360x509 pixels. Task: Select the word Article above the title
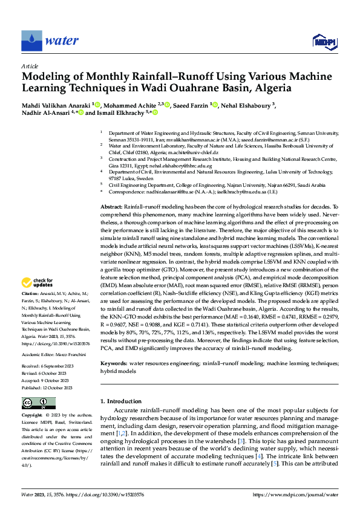pos(30,65)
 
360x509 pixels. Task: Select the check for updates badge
pos(38,282)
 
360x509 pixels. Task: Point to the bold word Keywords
pos(113,363)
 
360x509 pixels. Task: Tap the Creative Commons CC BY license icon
pos(39,403)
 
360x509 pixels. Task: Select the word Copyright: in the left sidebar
pos(32,416)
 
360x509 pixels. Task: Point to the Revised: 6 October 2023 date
pos(47,373)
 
